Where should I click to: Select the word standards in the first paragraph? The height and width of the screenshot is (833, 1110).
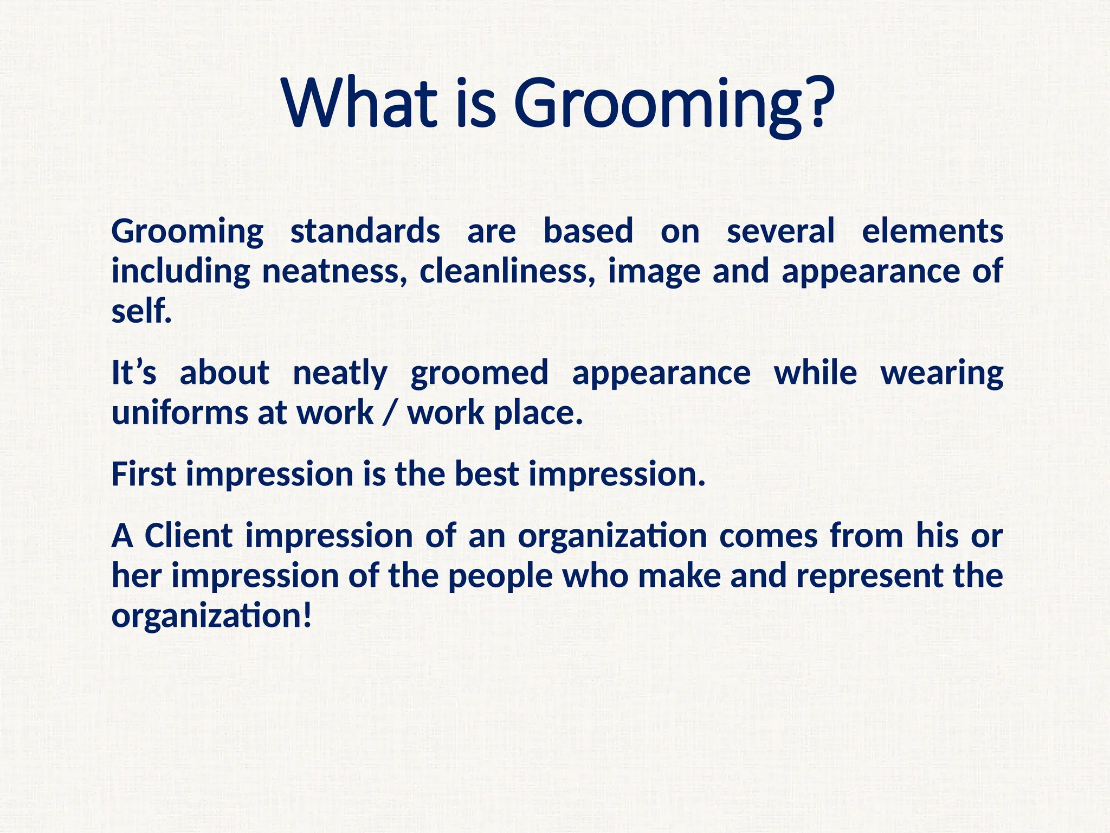coord(365,232)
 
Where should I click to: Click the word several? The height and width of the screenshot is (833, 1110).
coord(780,232)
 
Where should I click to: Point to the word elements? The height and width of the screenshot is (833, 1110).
coord(932,232)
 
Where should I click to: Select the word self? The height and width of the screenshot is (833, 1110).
coord(141,311)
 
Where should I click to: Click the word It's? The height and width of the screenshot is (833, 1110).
coord(134,373)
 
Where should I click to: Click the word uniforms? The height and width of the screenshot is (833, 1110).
coord(179,413)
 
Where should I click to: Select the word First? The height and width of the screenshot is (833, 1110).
coord(143,474)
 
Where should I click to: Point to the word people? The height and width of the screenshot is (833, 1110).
coord(500,577)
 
